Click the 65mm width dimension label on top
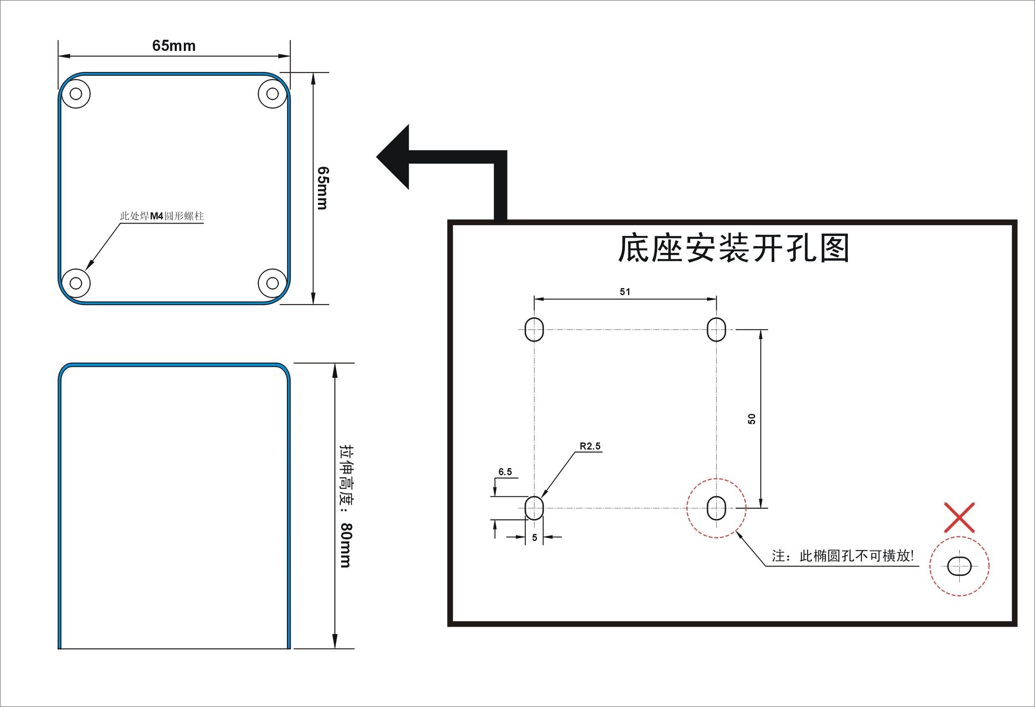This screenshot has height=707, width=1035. pyautogui.click(x=174, y=46)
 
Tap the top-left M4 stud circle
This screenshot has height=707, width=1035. pyautogui.click(x=76, y=94)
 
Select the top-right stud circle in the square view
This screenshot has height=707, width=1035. pyautogui.click(x=272, y=94)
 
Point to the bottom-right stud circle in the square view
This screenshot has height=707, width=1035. pyautogui.click(x=272, y=283)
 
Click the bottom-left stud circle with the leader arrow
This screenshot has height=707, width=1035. pyautogui.click(x=76, y=283)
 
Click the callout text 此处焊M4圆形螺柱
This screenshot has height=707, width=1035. pyautogui.click(x=161, y=216)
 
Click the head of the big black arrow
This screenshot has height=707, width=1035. pyautogui.click(x=395, y=157)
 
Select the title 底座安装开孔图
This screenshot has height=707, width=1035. pyautogui.click(x=734, y=248)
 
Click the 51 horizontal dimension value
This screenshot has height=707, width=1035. pyautogui.click(x=625, y=291)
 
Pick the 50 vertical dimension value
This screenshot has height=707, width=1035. pyautogui.click(x=752, y=419)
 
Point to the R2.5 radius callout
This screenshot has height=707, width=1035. pyautogui.click(x=590, y=446)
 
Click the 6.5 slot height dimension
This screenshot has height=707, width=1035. pyautogui.click(x=505, y=472)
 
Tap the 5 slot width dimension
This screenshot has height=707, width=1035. pyautogui.click(x=534, y=538)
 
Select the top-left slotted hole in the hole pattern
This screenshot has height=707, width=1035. pyautogui.click(x=534, y=329)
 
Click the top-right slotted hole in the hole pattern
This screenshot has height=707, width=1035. pyautogui.click(x=717, y=329)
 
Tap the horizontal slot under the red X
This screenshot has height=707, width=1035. pyautogui.click(x=959, y=566)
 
